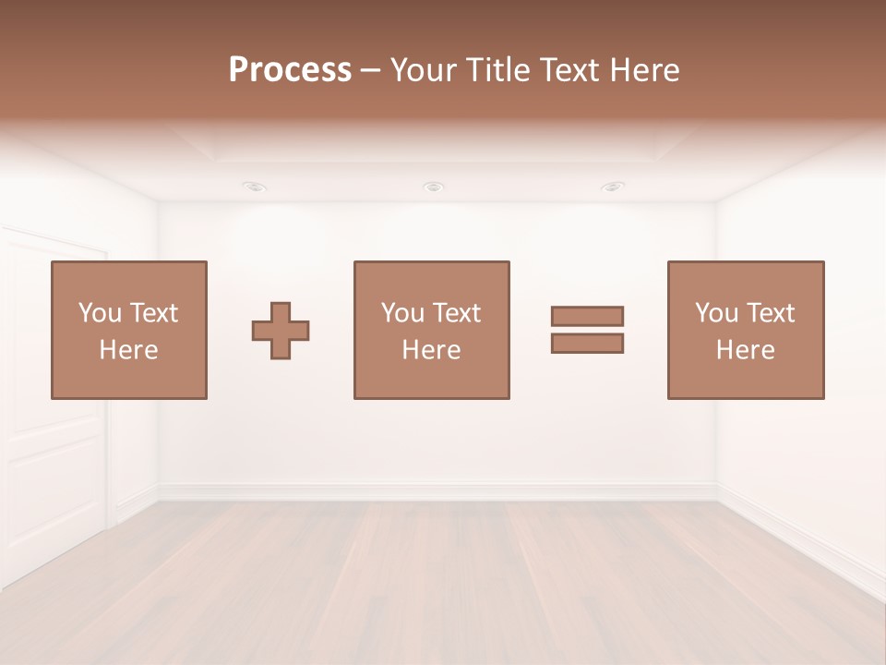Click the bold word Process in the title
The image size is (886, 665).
[x=290, y=70]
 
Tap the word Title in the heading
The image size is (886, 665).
[x=497, y=70]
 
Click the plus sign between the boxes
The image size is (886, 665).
[x=281, y=331]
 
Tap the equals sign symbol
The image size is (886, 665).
[x=587, y=330]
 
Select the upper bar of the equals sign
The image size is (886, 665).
[x=587, y=316]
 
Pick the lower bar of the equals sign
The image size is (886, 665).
[x=587, y=343]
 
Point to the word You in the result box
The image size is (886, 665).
[x=716, y=313]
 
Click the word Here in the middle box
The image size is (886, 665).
[x=432, y=350]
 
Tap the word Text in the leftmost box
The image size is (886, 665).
[x=153, y=313]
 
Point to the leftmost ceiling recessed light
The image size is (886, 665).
[x=255, y=187]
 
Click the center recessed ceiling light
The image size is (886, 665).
[x=433, y=187]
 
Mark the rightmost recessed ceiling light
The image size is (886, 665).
[x=612, y=187]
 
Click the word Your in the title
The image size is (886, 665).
[x=422, y=70]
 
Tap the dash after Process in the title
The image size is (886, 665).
[x=370, y=71]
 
